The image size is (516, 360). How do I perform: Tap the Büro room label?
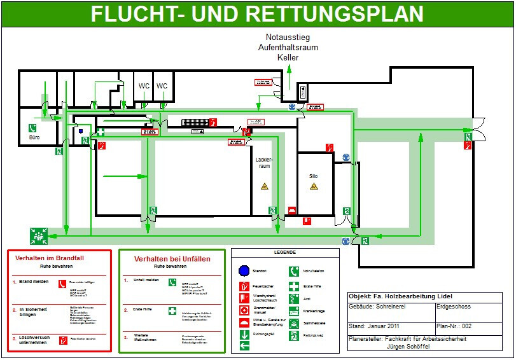[34, 145]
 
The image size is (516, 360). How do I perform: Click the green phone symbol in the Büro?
[32, 128]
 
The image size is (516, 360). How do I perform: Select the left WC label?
[144, 86]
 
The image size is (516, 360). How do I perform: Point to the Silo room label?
[313, 176]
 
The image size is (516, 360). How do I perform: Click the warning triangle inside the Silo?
[313, 187]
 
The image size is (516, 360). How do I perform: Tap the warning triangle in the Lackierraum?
[264, 186]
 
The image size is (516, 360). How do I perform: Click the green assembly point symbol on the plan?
[39, 237]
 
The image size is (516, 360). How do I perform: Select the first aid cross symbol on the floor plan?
[101, 133]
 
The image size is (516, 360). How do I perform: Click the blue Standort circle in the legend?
[244, 271]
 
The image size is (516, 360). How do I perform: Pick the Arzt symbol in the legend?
[294, 299]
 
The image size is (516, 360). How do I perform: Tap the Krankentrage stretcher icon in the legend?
[294, 312]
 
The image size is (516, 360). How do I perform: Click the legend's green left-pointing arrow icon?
[244, 346]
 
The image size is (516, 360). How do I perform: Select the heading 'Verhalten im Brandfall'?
[58, 258]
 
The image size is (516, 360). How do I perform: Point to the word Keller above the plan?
[288, 58]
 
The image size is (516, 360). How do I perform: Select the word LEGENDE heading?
[285, 253]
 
